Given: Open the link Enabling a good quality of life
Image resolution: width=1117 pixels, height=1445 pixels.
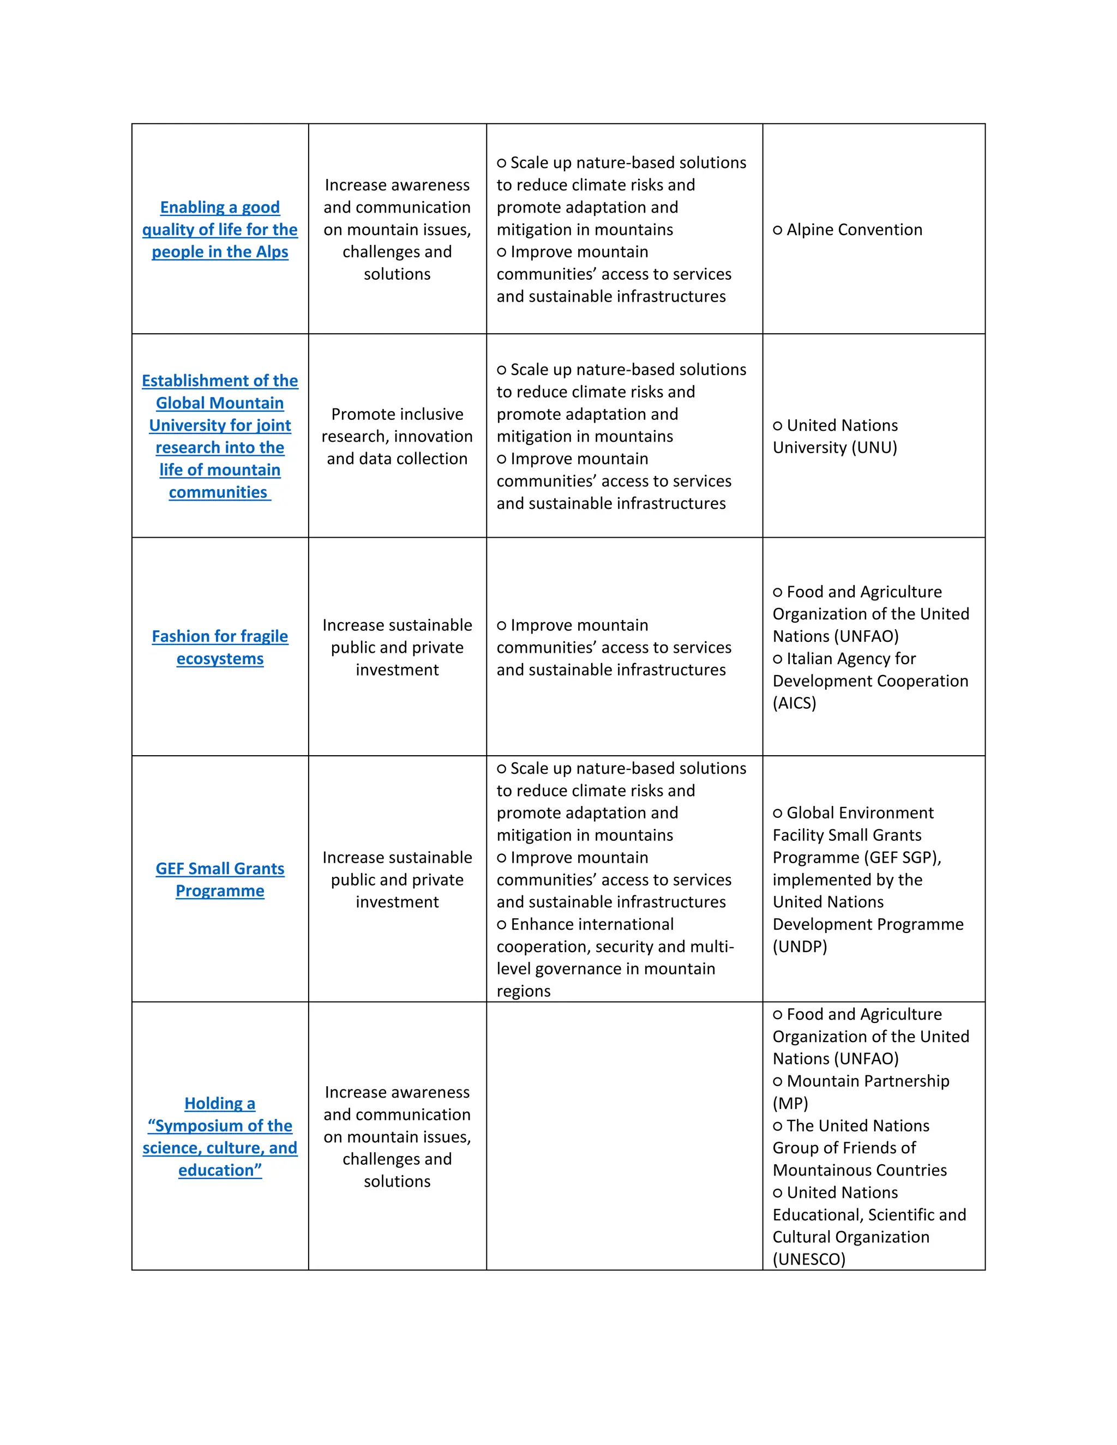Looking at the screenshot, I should pyautogui.click(x=220, y=230).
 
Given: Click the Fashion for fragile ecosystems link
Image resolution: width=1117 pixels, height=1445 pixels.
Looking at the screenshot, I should pyautogui.click(x=220, y=647).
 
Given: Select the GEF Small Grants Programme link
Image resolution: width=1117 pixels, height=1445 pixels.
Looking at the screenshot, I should pyautogui.click(x=220, y=880).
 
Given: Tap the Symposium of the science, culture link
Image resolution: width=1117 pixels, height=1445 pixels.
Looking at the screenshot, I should pyautogui.click(x=220, y=1137).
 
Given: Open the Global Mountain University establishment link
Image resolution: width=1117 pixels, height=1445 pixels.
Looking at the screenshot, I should pyautogui.click(x=220, y=436).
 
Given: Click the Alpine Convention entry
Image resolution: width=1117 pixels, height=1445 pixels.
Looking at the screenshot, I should pyautogui.click(x=854, y=230).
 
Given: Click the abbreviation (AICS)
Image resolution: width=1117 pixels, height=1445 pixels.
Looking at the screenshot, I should pyautogui.click(x=794, y=703).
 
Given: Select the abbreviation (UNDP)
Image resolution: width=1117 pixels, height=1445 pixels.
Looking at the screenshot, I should pyautogui.click(x=800, y=947).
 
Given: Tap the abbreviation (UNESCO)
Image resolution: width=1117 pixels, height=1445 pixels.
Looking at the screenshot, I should pyautogui.click(x=809, y=1259).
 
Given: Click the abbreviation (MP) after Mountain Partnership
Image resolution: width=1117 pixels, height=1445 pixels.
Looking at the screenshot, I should pyautogui.click(x=790, y=1104).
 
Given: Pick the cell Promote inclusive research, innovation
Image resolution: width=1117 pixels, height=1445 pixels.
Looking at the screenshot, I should pyautogui.click(x=397, y=436).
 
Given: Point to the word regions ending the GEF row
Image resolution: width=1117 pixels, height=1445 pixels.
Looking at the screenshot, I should pyautogui.click(x=524, y=991).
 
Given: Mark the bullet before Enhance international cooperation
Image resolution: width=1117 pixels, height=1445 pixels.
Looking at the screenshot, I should pyautogui.click(x=502, y=925).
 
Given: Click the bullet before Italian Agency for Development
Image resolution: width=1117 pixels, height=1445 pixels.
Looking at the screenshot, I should pyautogui.click(x=778, y=659).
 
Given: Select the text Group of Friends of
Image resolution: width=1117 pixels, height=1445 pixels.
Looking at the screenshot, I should pyautogui.click(x=844, y=1148).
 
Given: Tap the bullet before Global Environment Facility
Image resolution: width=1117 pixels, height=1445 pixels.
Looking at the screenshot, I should pyautogui.click(x=778, y=813).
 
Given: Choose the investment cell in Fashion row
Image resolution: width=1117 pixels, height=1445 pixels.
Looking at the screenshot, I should pyautogui.click(x=397, y=647).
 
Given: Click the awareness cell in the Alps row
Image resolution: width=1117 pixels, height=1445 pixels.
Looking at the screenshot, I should pyautogui.click(x=397, y=230).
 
